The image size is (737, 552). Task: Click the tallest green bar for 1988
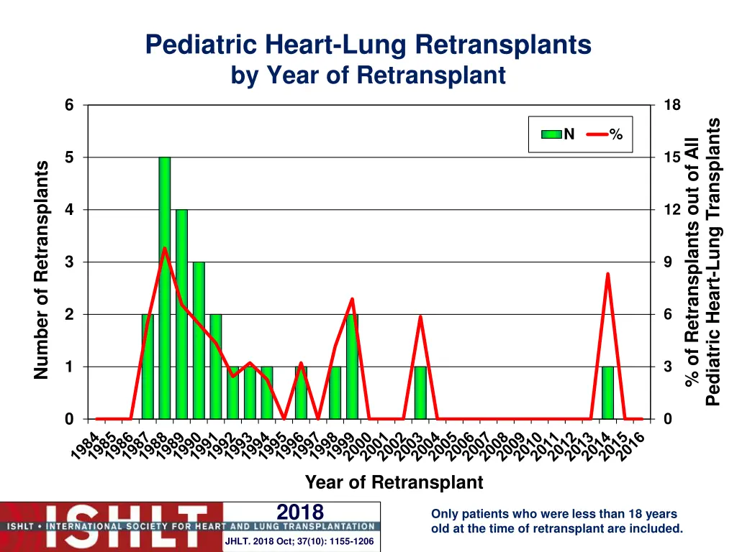(x=165, y=287)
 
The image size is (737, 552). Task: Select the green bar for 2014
(x=607, y=393)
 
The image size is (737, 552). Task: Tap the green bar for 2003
(x=420, y=393)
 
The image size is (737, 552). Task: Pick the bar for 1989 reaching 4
(x=181, y=314)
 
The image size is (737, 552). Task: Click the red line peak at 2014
(x=607, y=274)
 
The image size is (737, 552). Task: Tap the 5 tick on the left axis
(x=69, y=157)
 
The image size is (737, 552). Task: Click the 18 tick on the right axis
(x=672, y=106)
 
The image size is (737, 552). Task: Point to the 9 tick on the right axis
(x=667, y=262)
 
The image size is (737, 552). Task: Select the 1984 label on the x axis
(x=86, y=446)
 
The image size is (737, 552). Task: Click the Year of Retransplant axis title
(x=394, y=482)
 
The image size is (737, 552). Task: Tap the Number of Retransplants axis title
(x=42, y=270)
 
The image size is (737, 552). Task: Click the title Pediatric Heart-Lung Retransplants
(x=368, y=45)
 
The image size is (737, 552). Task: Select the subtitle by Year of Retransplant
(x=368, y=75)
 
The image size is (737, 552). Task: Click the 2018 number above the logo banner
(x=300, y=512)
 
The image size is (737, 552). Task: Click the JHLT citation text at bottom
(x=299, y=541)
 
